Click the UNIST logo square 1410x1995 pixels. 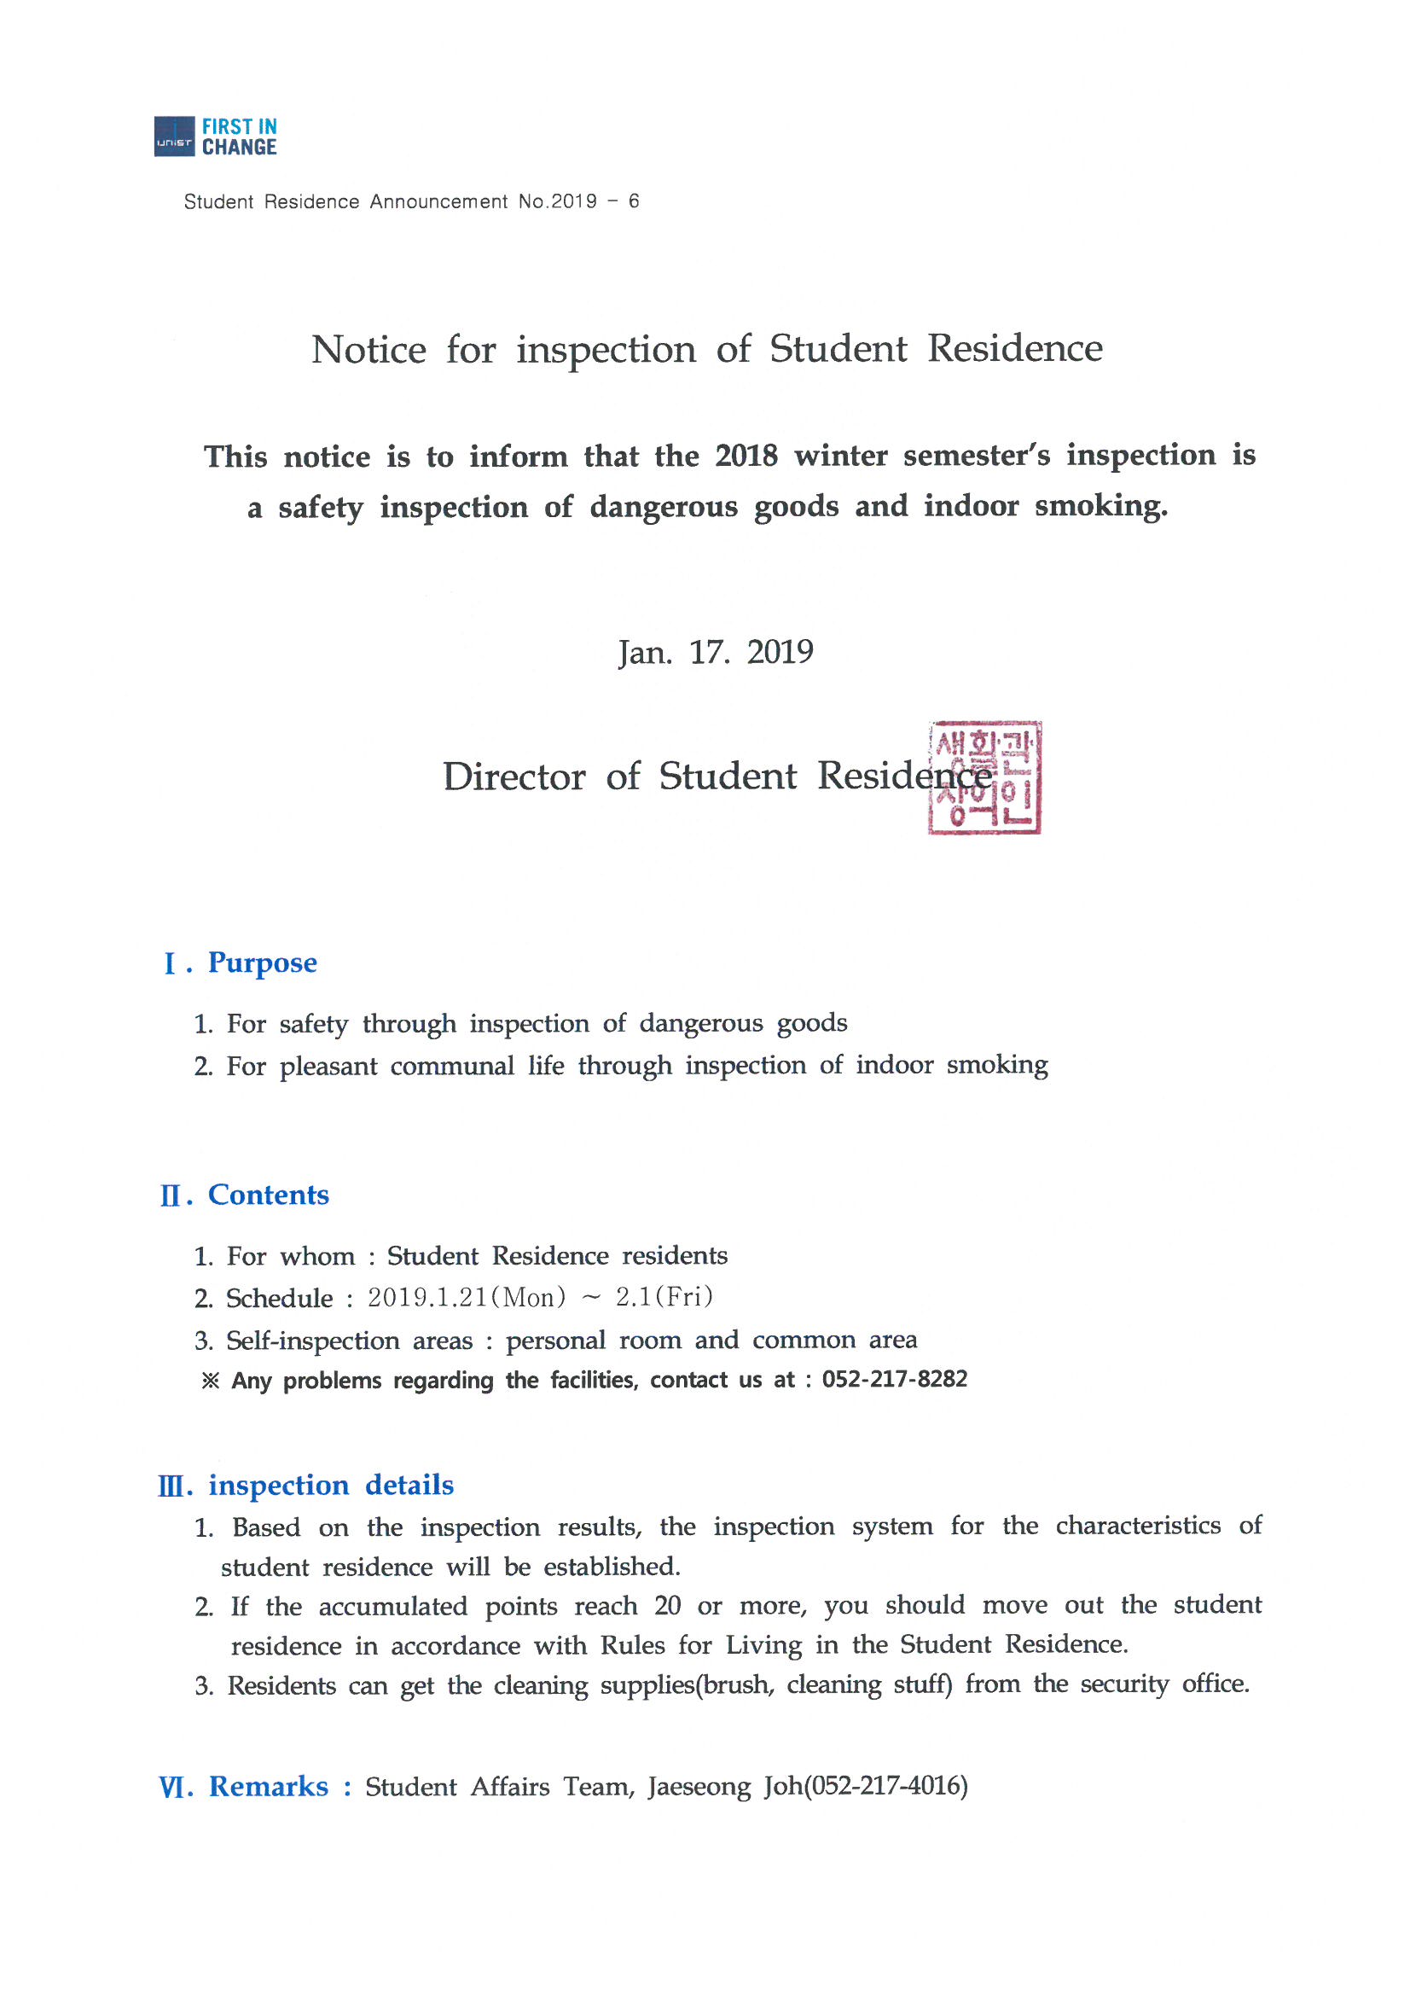point(174,137)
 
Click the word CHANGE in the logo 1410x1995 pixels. point(239,148)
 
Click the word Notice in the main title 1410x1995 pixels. point(368,350)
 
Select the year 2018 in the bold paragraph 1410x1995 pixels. point(746,457)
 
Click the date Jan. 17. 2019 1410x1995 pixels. point(715,653)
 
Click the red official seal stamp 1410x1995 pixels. point(984,777)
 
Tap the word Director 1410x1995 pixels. point(514,776)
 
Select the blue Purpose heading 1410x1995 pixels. point(263,963)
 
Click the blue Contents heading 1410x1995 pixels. point(269,1195)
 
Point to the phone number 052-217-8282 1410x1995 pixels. point(894,1380)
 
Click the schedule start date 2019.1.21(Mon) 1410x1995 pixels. point(467,1298)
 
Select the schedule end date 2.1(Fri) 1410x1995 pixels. point(664,1297)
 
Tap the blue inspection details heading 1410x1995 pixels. point(330,1485)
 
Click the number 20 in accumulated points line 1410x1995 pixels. point(667,1606)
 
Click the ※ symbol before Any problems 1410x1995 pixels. point(210,1381)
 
